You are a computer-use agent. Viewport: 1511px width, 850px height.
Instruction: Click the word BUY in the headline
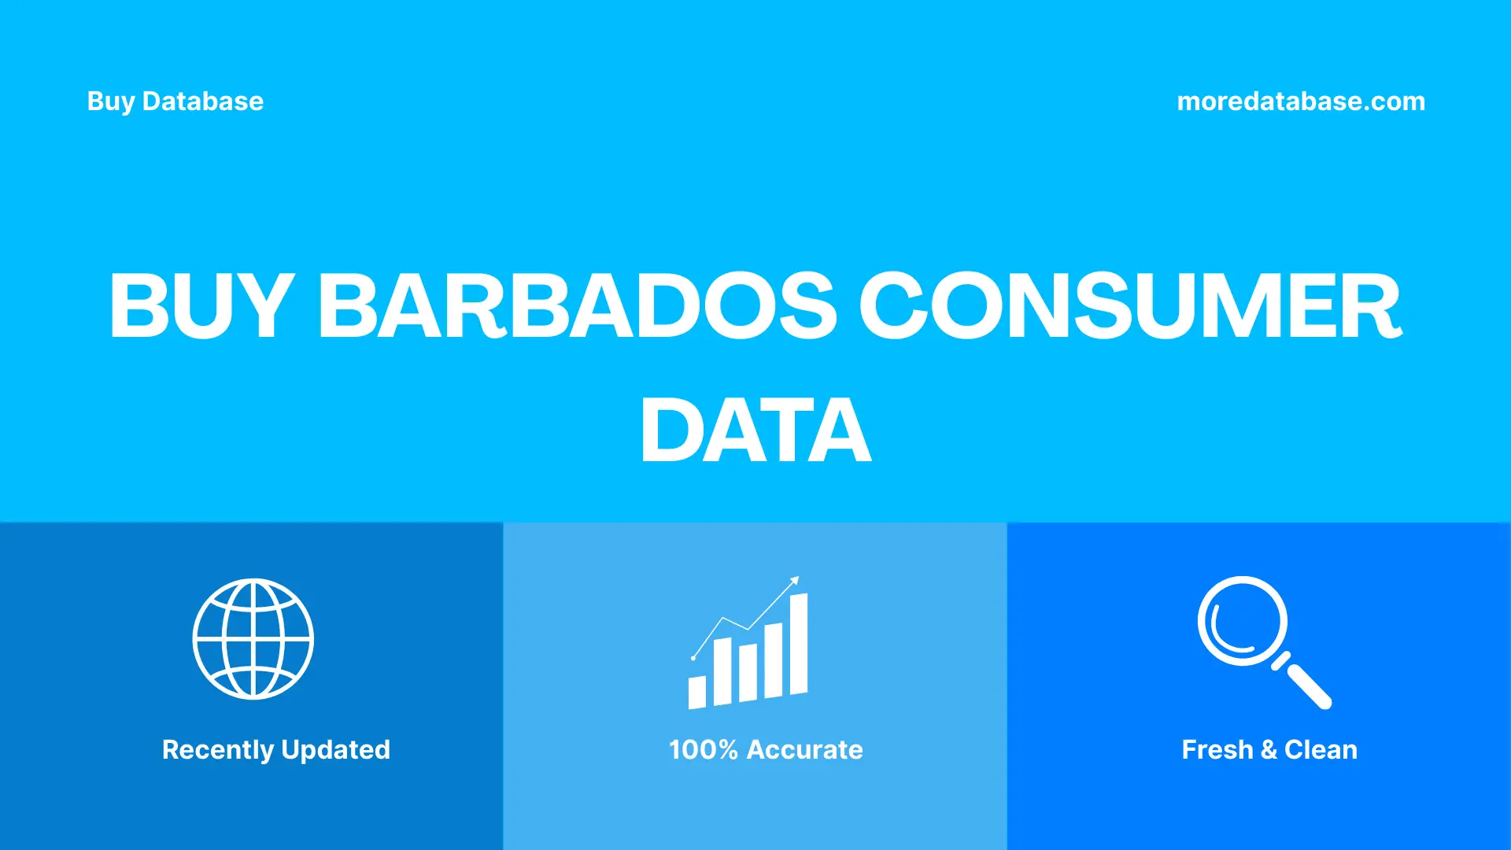pos(201,305)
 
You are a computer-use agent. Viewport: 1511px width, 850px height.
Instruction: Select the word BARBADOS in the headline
pos(577,305)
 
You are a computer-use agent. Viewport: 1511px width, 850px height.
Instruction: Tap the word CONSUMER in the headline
pos(1130,305)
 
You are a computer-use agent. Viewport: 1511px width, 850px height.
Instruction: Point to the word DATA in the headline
pos(755,431)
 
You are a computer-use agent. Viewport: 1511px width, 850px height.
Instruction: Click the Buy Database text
pos(175,102)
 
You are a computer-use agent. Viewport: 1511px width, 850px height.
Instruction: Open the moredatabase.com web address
pos(1300,102)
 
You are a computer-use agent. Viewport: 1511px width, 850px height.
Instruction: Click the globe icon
pos(253,639)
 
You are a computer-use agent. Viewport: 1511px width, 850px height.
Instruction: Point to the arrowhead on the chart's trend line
pos(795,581)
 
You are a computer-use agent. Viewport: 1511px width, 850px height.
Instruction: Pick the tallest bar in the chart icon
pos(799,644)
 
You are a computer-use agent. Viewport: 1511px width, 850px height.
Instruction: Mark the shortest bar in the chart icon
pos(697,692)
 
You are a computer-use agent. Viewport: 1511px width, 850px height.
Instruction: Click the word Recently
pos(217,750)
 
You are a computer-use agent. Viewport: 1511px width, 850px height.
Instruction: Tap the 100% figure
pos(703,750)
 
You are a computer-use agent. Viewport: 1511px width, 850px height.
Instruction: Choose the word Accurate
pos(804,750)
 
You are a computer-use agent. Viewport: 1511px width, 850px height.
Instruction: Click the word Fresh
pos(1217,750)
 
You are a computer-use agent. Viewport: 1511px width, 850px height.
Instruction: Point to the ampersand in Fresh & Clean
pos(1269,750)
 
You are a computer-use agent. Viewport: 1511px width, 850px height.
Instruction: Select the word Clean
pos(1321,750)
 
